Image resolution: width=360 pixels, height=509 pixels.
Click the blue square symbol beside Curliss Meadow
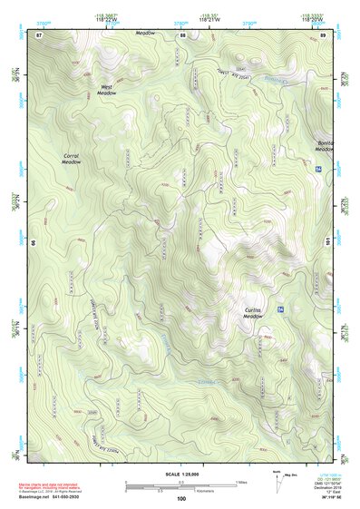(x=281, y=310)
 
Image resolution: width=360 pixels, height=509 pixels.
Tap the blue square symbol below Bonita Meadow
(x=318, y=170)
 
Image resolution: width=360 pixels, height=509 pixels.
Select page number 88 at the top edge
(x=181, y=34)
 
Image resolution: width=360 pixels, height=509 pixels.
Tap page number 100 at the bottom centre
(x=181, y=498)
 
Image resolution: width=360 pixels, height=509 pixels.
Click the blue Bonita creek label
(x=273, y=81)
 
